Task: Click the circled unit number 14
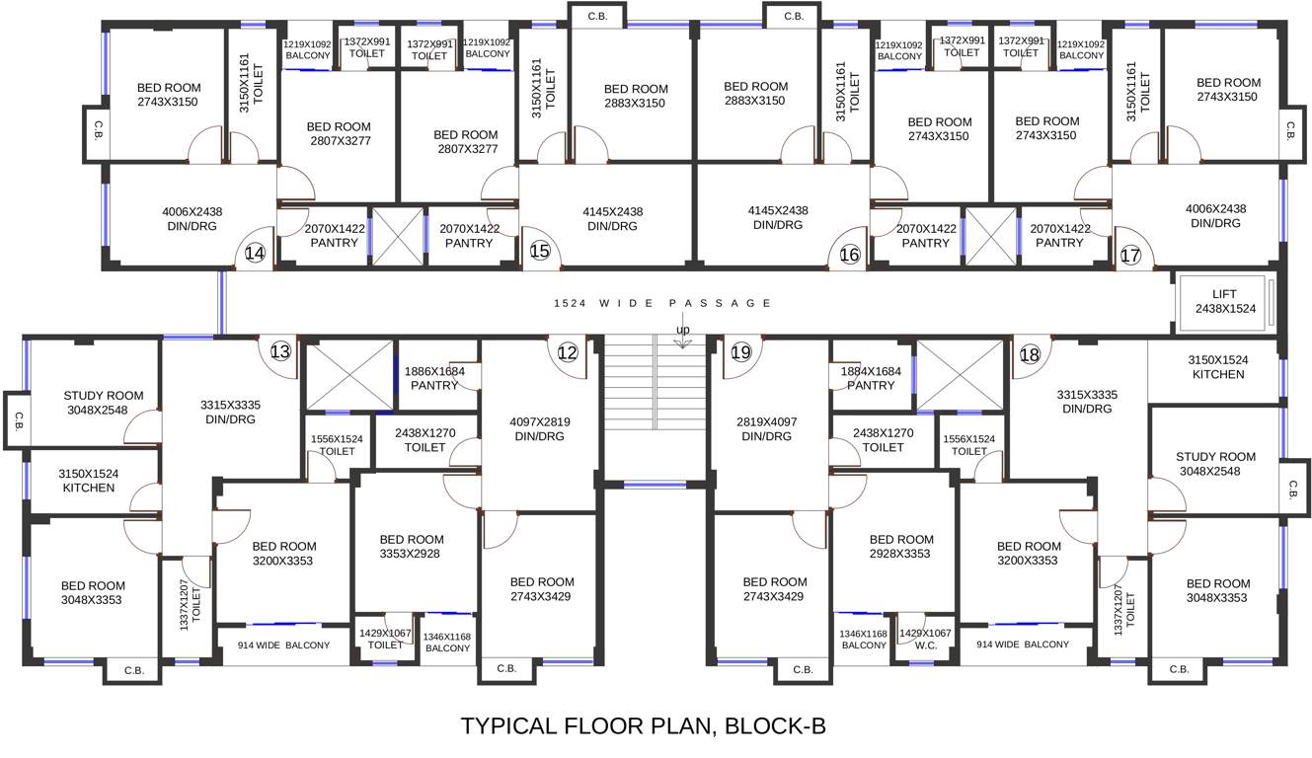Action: tap(255, 254)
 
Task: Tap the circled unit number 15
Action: tap(539, 252)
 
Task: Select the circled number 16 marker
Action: tap(849, 255)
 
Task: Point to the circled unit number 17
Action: tap(1130, 256)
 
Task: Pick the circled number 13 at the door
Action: tap(280, 351)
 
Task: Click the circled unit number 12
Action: tap(567, 351)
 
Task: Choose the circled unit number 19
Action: tap(741, 351)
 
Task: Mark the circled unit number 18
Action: tap(1030, 354)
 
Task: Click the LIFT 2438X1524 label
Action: tap(1223, 302)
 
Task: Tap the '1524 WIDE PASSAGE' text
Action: tap(661, 304)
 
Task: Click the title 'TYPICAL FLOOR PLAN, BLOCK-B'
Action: tap(643, 726)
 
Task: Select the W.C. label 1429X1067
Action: tap(925, 639)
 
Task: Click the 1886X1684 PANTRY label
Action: tap(434, 378)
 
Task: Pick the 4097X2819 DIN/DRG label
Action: tap(539, 428)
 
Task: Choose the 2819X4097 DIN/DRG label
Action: tap(768, 428)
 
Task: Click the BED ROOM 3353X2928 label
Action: tap(412, 547)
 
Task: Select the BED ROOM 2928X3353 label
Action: tap(900, 547)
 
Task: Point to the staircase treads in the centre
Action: tap(656, 395)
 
